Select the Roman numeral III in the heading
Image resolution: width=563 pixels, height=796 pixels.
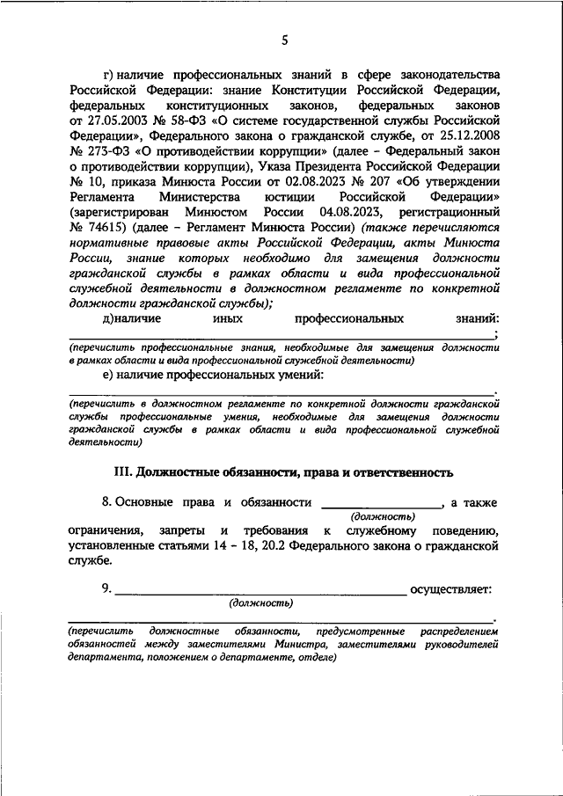pos(121,473)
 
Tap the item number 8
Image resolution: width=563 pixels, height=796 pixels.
pos(105,504)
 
